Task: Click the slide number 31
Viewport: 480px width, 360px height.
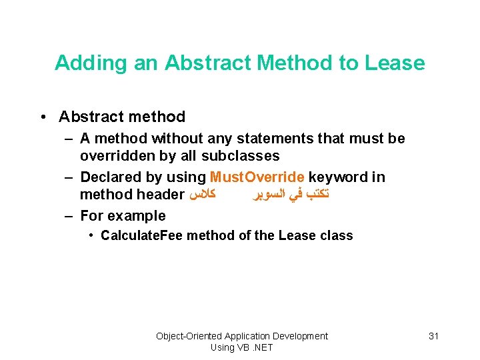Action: [x=433, y=336]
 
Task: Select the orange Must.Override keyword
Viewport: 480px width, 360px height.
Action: [x=257, y=177]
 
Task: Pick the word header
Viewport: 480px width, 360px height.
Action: [x=160, y=195]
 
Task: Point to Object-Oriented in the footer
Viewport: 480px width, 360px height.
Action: [x=189, y=336]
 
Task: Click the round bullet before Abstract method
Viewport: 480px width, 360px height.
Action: [x=43, y=117]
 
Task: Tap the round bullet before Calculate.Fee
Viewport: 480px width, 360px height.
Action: [x=91, y=235]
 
